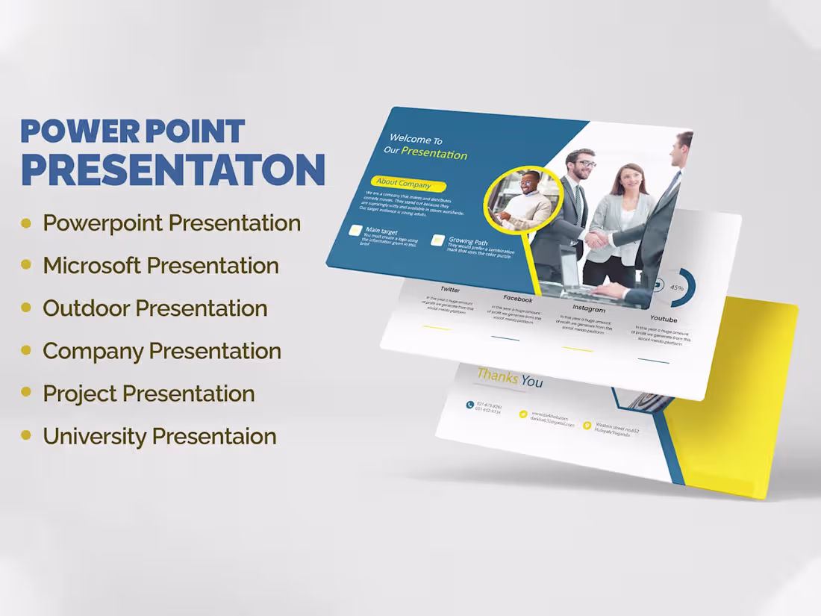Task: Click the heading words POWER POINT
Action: pos(132,131)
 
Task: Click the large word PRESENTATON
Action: pos(173,170)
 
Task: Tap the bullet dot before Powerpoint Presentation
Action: pos(26,223)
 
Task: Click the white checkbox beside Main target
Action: pos(355,231)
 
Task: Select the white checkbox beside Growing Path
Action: pos(437,240)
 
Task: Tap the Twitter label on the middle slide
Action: pos(450,289)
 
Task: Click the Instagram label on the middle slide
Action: pos(588,308)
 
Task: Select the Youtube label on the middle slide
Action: pos(664,320)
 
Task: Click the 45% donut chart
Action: pos(678,287)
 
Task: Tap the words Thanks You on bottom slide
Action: pos(510,378)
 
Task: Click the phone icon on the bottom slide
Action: pos(469,405)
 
